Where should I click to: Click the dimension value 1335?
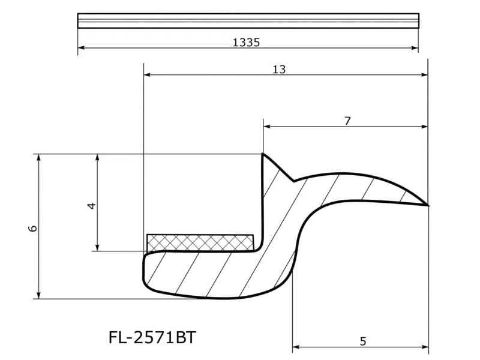246,42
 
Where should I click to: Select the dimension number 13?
279,70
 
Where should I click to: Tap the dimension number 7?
347,121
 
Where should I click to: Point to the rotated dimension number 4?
92,206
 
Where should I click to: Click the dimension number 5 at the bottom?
363,341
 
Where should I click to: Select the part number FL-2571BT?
152,338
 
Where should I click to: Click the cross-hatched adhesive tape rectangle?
200,243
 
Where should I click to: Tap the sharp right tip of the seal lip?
427,205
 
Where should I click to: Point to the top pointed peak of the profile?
263,154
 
